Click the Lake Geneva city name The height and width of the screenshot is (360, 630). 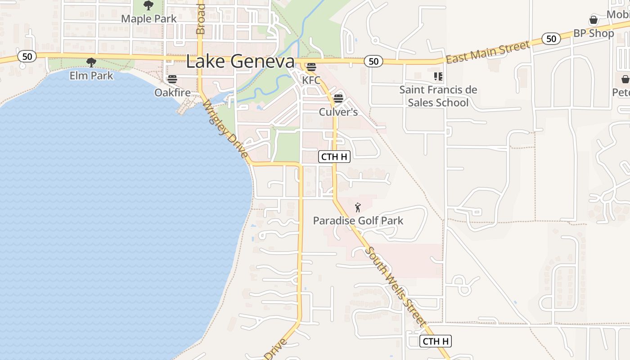click(240, 62)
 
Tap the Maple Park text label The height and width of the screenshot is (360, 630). click(149, 19)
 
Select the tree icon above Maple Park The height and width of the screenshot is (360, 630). click(148, 5)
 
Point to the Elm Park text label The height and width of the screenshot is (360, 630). click(91, 75)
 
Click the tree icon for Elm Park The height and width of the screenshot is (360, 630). click(91, 63)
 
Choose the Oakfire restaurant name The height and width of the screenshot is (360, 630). click(172, 92)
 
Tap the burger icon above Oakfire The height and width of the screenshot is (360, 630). click(172, 80)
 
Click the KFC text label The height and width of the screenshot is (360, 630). click(311, 80)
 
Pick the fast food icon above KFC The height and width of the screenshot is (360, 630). click(311, 67)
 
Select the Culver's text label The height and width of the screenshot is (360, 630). click(338, 112)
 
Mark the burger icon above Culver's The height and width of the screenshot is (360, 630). click(338, 99)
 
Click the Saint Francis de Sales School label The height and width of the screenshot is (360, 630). click(438, 96)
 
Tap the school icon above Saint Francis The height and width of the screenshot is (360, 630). click(438, 76)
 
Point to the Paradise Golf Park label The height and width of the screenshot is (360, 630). click(358, 220)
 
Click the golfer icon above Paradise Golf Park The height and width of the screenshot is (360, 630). click(358, 207)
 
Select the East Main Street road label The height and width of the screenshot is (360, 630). click(488, 52)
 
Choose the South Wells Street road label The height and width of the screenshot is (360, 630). click(396, 287)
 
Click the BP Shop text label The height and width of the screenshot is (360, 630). click(594, 33)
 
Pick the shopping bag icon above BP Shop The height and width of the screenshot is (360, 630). click(594, 20)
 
